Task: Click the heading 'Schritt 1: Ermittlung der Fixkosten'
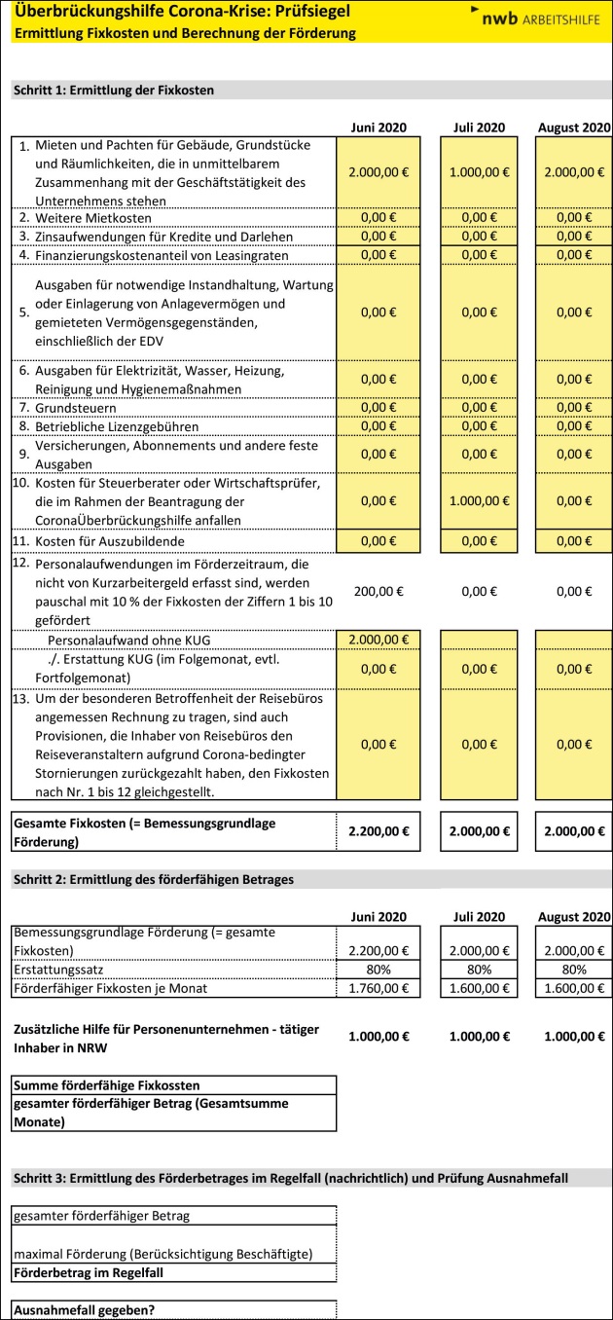point(113,91)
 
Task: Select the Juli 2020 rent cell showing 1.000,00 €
point(478,171)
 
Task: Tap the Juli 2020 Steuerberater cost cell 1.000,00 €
point(478,500)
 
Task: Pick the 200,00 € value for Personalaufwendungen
point(378,590)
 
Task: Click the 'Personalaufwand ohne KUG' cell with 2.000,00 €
point(378,640)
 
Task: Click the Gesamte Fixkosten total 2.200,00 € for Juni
point(378,830)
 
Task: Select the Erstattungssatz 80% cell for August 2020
point(573,970)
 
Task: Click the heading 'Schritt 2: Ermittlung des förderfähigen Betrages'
point(153,880)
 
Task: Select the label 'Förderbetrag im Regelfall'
point(89,1272)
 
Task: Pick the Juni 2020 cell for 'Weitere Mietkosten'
point(378,216)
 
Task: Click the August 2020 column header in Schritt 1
point(573,128)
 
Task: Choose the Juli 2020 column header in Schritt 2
point(478,916)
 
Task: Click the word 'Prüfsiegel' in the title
point(306,13)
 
